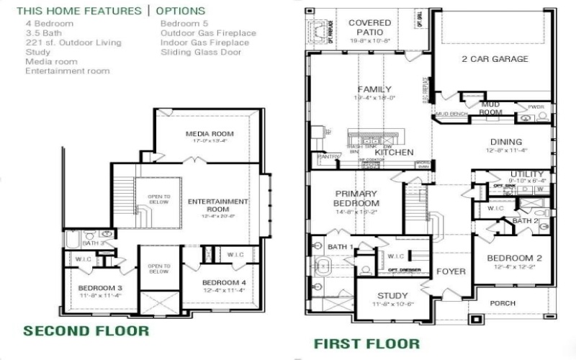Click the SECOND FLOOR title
(86, 331)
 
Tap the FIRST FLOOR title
(366, 343)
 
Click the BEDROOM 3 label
(101, 288)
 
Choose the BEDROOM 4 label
(224, 282)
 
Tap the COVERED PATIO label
(370, 27)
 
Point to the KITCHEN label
(394, 153)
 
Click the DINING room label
(506, 142)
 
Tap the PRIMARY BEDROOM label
(356, 198)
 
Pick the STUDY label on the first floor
(392, 295)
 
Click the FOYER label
(451, 271)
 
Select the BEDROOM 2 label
(514, 258)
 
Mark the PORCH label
(503, 303)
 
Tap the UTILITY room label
(526, 174)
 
